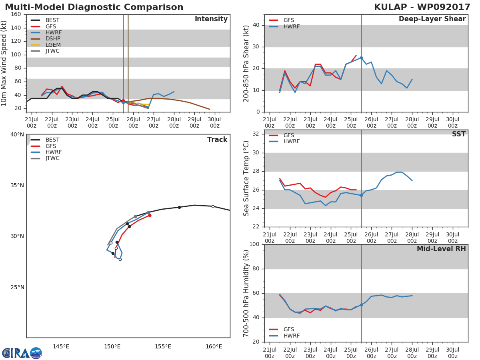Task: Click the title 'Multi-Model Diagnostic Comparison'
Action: click(94, 7)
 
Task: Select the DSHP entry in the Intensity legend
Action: click(53, 39)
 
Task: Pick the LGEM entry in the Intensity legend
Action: click(53, 45)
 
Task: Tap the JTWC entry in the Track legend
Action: click(52, 158)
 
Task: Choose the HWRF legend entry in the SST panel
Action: click(291, 142)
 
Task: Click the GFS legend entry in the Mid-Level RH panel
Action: click(288, 330)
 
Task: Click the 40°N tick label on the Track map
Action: click(17, 134)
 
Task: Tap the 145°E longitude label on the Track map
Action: click(61, 346)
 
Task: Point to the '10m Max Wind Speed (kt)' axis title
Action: click(5, 63)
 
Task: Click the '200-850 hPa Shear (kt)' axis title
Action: click(246, 63)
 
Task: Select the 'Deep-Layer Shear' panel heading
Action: click(432, 19)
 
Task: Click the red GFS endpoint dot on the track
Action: click(150, 215)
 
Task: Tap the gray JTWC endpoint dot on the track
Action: click(135, 217)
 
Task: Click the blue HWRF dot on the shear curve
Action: click(361, 58)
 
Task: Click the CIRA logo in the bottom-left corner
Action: click(22, 353)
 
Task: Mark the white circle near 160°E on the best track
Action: click(213, 206)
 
